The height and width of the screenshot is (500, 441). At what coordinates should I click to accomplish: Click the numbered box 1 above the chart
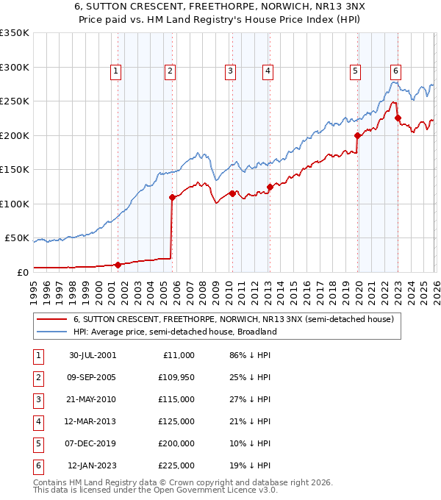coord(117,71)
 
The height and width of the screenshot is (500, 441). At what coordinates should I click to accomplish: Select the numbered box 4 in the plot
coord(268,71)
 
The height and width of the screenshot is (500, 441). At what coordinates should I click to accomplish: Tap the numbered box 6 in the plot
coord(395,71)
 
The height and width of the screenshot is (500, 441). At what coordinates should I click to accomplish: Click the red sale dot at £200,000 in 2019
coord(357,135)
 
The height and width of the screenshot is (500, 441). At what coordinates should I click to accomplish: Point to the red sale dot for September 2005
coord(172,197)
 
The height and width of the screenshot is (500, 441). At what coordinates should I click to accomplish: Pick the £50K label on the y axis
coord(17,238)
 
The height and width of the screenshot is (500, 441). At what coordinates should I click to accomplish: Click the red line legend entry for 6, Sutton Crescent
coord(234,320)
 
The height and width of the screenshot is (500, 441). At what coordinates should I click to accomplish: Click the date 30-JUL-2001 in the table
coord(92,355)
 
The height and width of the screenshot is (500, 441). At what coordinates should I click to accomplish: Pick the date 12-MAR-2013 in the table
coord(92,421)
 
